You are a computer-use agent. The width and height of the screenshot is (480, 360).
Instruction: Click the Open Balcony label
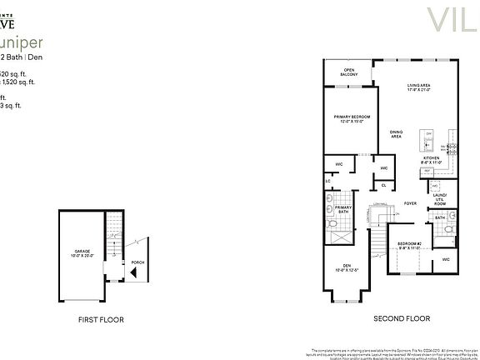348,72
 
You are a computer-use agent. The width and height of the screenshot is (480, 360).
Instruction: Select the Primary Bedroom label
352,118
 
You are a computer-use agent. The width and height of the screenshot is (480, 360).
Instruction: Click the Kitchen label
430,158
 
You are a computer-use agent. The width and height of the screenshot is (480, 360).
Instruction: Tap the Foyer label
409,202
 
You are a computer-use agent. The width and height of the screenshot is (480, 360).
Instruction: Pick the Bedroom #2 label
409,245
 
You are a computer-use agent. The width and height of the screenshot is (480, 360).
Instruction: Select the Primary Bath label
343,211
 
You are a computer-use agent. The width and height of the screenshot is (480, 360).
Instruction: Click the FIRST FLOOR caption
102,319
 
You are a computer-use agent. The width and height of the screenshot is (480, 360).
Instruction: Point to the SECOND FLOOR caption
402,318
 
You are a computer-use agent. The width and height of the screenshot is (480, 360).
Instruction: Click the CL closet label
384,184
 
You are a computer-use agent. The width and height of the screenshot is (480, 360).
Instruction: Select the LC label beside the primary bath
327,180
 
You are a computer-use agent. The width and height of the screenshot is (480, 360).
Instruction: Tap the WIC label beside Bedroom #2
446,260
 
